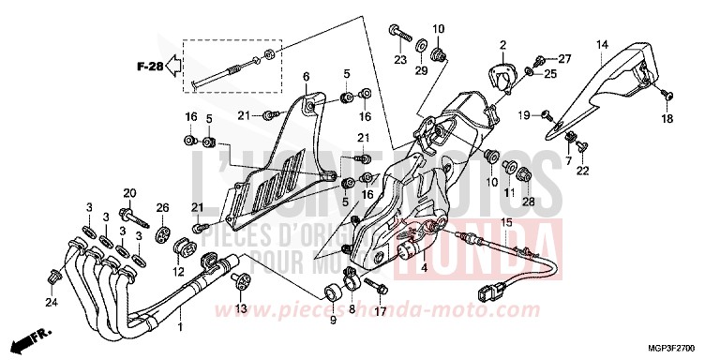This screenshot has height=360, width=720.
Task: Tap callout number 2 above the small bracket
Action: coord(502,44)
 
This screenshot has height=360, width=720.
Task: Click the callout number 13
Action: coord(241,309)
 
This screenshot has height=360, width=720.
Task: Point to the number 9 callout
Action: coord(330,321)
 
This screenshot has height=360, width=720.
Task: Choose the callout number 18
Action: coord(668,118)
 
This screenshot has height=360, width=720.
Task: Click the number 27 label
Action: coord(564,58)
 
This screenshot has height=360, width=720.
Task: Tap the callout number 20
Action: coord(127,193)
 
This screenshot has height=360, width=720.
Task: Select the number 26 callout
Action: coord(161,207)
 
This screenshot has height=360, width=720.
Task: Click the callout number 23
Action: coord(398,60)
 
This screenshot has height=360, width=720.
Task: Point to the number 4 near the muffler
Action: coord(423,268)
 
